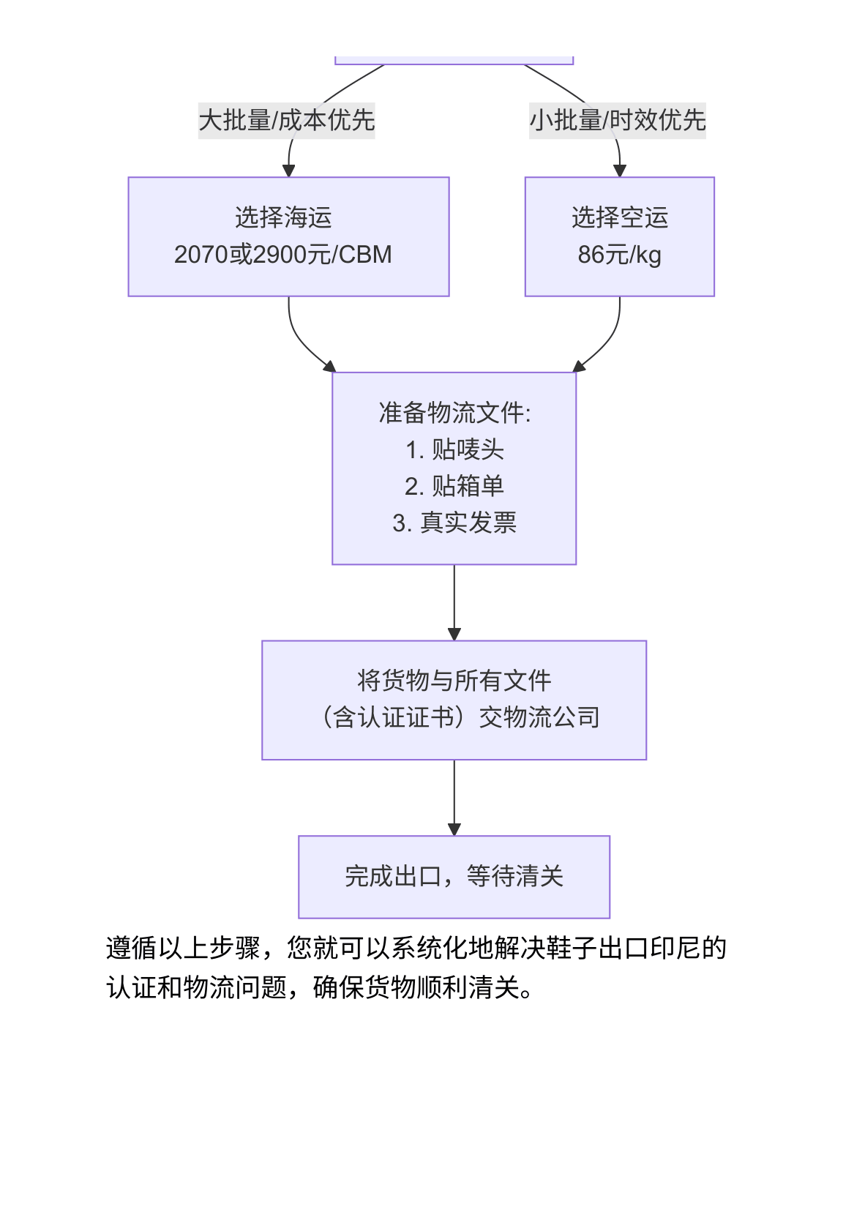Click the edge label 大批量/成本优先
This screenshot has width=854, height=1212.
tap(286, 120)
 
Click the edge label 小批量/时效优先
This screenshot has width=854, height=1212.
tap(618, 120)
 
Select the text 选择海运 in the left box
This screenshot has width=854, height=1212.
tap(283, 217)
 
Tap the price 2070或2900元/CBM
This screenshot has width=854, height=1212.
tap(283, 255)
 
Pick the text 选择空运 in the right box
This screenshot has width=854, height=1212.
tap(619, 217)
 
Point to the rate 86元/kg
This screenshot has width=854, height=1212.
tap(619, 255)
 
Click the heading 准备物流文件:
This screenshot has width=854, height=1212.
tap(454, 413)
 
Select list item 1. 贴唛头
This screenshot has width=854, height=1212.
tap(454, 449)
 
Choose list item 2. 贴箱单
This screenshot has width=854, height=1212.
tap(454, 486)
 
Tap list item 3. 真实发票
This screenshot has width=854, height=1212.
tap(454, 523)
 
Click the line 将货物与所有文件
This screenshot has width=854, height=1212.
tap(454, 681)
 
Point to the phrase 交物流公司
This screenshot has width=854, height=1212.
tap(539, 717)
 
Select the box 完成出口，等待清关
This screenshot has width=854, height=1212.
tap(454, 876)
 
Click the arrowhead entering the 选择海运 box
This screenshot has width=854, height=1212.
tap(288, 171)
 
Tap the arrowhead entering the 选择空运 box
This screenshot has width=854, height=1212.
tap(620, 171)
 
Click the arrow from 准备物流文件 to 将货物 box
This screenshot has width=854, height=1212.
tap(454, 600)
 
